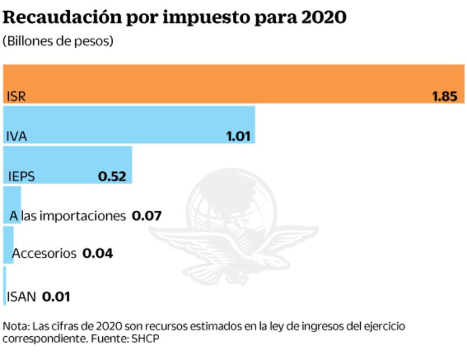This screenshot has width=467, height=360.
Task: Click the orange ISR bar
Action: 232,83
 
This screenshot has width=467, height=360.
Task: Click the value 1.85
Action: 444,96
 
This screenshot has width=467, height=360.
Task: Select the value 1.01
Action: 238,137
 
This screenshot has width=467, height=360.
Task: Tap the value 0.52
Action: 112,177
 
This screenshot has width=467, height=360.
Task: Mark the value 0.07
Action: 146,217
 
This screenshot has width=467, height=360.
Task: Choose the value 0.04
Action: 98,254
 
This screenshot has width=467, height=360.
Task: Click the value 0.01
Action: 56,297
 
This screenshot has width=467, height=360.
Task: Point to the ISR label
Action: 16,96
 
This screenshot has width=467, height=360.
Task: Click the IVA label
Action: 16,137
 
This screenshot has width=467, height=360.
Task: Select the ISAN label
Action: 21,297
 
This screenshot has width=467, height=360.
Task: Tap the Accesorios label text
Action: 44,254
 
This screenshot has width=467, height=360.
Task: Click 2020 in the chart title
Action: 324,17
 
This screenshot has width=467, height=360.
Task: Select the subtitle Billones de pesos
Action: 58,42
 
